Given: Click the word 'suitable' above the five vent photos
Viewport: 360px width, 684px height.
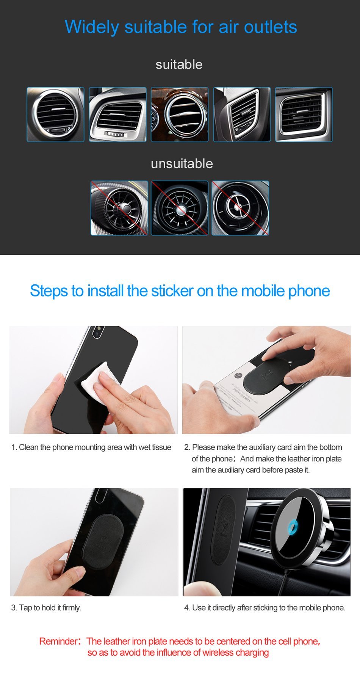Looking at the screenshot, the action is coord(179,64).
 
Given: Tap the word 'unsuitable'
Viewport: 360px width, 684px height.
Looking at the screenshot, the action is coord(182,163).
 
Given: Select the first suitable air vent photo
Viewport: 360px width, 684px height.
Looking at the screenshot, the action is coord(55,115).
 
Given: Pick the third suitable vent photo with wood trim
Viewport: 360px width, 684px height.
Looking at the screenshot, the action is coord(180,115).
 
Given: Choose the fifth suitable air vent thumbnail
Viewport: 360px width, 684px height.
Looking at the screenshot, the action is coord(304,115).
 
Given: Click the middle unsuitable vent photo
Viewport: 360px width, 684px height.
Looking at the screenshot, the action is coord(180,208).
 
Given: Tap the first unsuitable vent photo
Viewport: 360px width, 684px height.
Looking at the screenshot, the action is coord(119,208).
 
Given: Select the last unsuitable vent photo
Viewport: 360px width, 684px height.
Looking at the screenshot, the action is coord(240,208).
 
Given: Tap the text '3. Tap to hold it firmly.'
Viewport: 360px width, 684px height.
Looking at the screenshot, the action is coord(46,608).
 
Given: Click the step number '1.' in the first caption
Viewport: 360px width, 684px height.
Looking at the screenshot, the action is coord(14,447).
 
